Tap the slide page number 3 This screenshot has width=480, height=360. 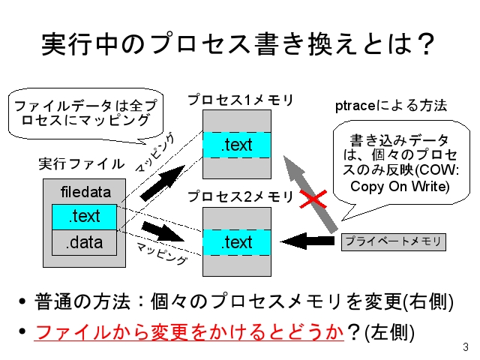coord(465,347)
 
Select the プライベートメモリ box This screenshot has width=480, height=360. coord(393,241)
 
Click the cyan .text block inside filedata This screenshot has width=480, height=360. coord(84,217)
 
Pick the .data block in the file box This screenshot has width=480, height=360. coord(84,242)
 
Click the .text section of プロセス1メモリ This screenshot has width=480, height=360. coord(236,145)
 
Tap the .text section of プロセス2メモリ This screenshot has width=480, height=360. coord(236,242)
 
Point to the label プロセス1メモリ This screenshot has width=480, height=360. coord(240,100)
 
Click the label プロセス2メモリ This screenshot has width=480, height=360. coord(240,196)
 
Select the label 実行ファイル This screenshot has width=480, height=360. coord(81,163)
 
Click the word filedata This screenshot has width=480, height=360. coord(85,193)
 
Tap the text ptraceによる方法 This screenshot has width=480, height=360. coord(390,106)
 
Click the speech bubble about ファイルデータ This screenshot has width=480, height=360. coord(84,112)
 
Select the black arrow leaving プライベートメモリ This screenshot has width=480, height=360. coord(307,241)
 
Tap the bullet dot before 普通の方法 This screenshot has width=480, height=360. coord(22,304)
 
